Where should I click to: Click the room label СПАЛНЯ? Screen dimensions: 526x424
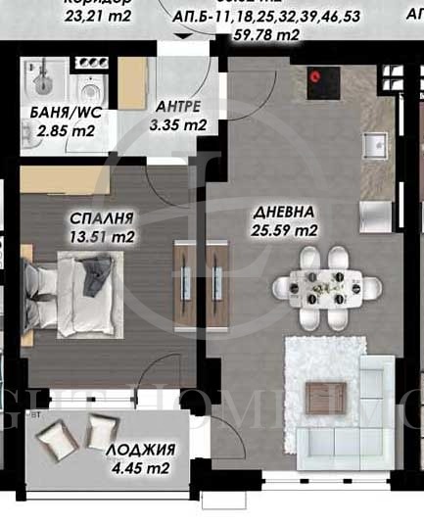(101, 217)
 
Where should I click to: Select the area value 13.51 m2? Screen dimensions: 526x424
(102, 235)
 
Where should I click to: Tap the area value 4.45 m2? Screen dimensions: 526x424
(142, 468)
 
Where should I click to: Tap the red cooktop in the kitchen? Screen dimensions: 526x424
(316, 74)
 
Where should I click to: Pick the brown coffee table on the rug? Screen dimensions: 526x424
(321, 398)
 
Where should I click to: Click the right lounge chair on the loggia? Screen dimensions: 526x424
(101, 430)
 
